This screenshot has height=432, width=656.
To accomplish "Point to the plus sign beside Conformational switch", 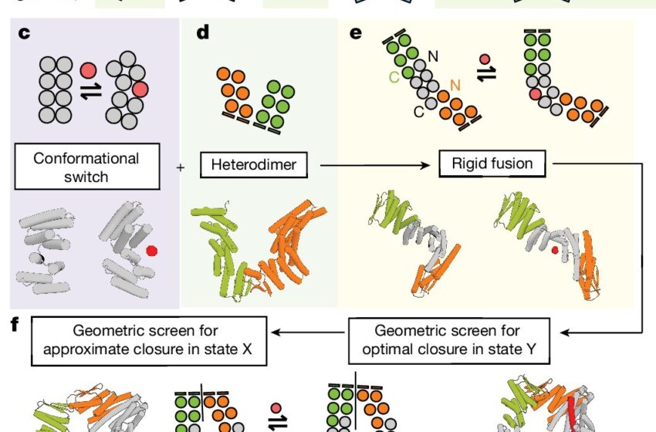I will click(181, 166).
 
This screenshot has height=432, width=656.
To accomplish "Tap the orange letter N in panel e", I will click(455, 83).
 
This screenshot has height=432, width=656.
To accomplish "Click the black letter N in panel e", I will click(434, 56).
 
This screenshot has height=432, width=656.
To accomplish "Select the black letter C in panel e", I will click(418, 113).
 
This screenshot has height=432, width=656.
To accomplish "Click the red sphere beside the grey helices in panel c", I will click(151, 250).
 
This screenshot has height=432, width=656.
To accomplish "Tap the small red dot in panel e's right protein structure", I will click(554, 251).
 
